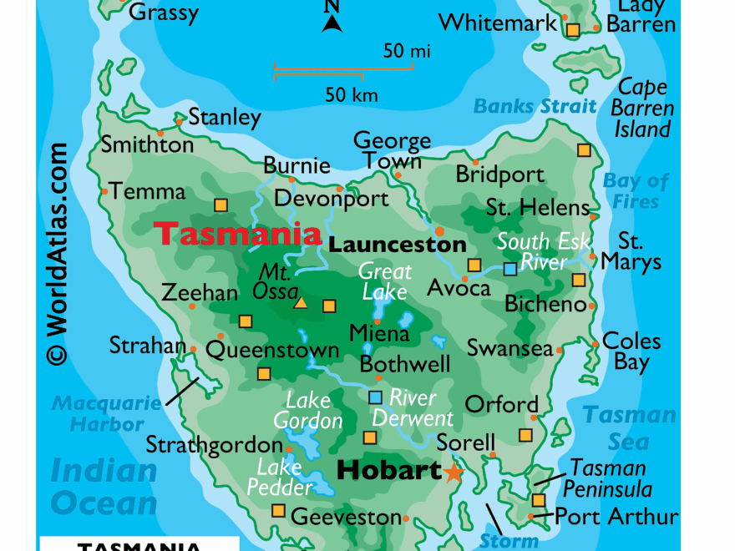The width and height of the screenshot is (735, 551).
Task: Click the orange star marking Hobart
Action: [454, 473]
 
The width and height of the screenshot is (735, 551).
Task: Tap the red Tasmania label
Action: [238, 234]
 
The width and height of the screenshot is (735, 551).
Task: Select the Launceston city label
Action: [397, 245]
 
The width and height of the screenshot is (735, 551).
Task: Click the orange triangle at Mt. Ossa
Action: [300, 304]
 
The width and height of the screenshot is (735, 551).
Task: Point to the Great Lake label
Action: [385, 281]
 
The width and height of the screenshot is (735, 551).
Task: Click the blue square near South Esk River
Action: [509, 269]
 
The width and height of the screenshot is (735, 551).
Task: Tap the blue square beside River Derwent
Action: [375, 397]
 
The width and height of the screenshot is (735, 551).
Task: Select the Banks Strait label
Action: [535, 106]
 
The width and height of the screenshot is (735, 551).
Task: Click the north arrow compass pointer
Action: [332, 18]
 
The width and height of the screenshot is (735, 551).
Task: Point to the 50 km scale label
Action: [352, 95]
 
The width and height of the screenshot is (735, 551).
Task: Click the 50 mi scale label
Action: [407, 51]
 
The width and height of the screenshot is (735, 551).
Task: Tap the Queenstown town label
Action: [272, 350]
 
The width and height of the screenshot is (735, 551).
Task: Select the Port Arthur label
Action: [616, 516]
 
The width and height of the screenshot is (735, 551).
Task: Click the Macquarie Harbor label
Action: [107, 414]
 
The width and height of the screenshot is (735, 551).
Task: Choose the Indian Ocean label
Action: [104, 487]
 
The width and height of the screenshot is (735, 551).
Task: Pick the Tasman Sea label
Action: [629, 427]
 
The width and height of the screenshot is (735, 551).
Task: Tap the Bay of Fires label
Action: [636, 191]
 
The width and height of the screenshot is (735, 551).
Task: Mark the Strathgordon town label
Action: [214, 445]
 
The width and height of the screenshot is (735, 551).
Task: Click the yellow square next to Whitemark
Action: [573, 30]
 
